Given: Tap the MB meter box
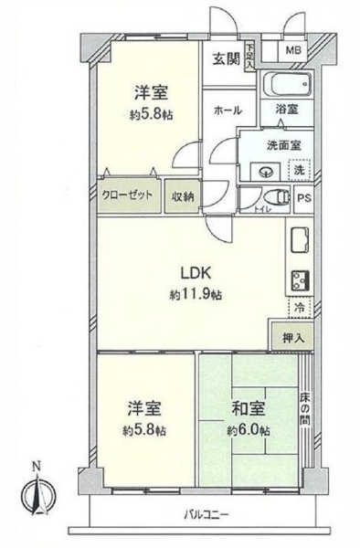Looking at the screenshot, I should click(295, 52).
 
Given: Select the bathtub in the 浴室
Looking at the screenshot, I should click(289, 88).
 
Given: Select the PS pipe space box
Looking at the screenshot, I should click(303, 196).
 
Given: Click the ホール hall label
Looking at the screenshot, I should click(228, 111).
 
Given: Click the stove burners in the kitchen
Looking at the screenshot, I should click(299, 279).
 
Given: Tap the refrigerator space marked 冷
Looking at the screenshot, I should click(299, 308).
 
